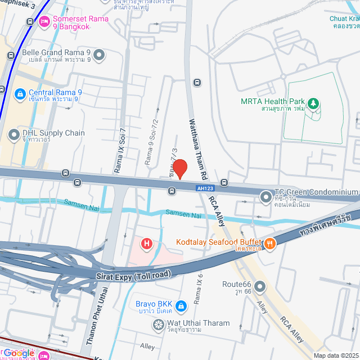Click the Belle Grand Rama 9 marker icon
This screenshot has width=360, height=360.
pos(99,55)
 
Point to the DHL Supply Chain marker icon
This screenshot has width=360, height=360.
pos(13,134)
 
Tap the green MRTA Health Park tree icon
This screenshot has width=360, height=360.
pos(314,103)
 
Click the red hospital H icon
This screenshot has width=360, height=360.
pos(147,244)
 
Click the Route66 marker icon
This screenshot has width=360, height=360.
pos(259,287)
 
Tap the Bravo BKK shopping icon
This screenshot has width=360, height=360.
pos(181,306)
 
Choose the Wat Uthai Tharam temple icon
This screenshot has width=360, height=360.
pos(158,325)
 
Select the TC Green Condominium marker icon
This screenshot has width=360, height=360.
pos(265,196)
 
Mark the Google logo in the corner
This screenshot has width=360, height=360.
pos(18,353)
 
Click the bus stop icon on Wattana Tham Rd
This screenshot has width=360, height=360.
pos(197,82)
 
